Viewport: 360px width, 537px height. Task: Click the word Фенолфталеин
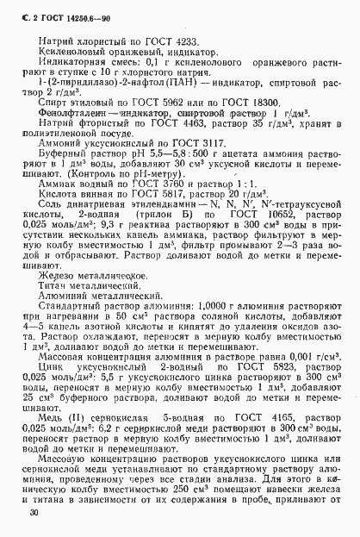[80, 134]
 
